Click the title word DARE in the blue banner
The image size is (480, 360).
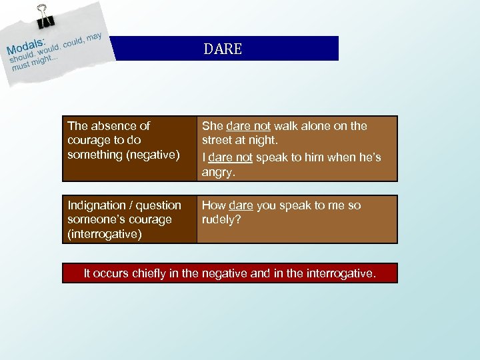tap(223, 49)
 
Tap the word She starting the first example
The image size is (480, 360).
tap(213, 126)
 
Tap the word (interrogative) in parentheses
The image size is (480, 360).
tap(105, 235)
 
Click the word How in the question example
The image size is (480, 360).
tap(214, 205)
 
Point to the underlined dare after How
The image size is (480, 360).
tap(241, 205)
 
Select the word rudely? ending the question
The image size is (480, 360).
tap(221, 220)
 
